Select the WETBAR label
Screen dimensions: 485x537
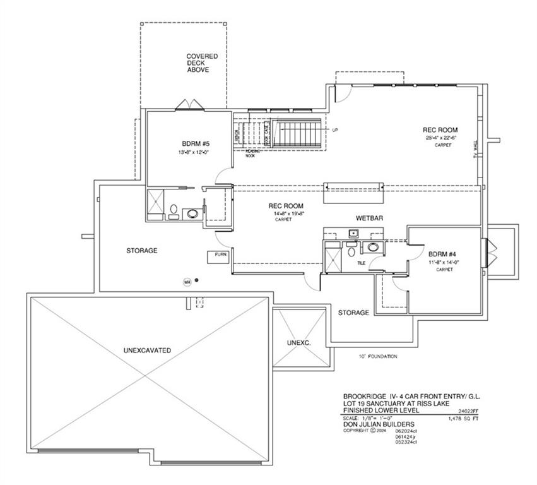pos(370,218)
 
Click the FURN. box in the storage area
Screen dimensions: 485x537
pos(221,255)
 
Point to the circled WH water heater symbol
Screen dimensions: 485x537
pos(187,282)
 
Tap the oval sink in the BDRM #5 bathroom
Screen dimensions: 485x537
pos(191,213)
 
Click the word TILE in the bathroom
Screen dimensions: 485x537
pos(362,264)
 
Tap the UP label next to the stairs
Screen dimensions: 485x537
pos(335,130)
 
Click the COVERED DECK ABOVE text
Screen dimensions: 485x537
pos(202,63)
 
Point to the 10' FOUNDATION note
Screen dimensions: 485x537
pos(378,357)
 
